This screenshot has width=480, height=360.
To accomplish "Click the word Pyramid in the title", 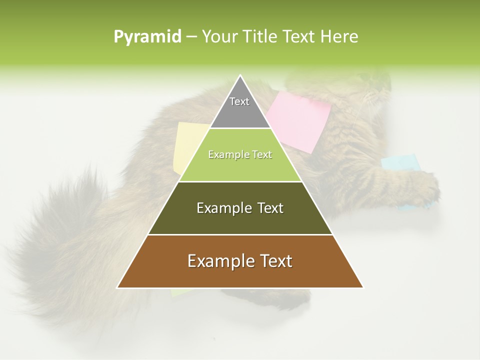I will pos(147,37).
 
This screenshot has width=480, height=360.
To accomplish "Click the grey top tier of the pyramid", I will pos(240,112).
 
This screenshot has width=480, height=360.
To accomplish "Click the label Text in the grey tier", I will pos(239,101).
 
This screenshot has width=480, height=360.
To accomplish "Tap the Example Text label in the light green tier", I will pos(240,154).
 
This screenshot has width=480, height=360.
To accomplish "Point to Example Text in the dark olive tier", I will pos(240,208).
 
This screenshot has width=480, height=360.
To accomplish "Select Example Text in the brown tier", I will pos(240,261).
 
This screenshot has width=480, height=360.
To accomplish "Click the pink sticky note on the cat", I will pos(300,120).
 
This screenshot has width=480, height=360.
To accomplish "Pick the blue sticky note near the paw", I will pos(400,162).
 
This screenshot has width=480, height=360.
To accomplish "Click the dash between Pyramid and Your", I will pos(191,37).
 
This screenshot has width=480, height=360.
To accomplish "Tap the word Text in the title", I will pos(299,37).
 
